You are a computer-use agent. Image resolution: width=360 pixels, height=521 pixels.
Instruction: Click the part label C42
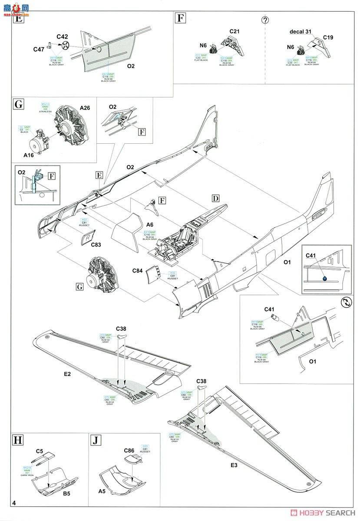(63, 37)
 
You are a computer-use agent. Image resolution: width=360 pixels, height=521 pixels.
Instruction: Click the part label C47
(39, 49)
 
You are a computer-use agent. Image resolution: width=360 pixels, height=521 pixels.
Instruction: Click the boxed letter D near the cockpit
(216, 198)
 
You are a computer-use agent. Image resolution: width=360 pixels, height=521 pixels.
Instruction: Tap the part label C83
(97, 244)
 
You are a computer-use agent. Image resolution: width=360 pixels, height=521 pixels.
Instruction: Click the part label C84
(138, 271)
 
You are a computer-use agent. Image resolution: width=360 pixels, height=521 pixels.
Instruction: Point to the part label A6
(150, 224)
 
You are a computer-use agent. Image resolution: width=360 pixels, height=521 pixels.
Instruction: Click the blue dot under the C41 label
(324, 278)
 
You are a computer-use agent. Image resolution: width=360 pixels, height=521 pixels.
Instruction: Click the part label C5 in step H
(40, 451)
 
